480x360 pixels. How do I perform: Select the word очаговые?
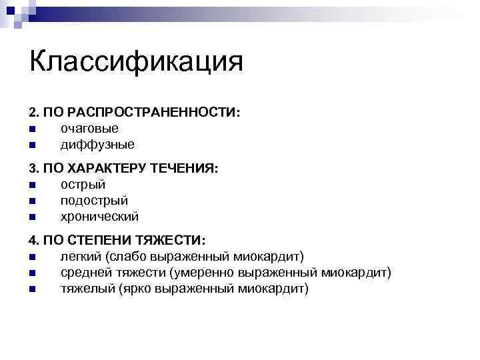(x=89, y=128)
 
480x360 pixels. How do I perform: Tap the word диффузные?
(x=97, y=144)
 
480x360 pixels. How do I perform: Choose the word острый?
(x=83, y=185)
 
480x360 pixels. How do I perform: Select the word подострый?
(x=94, y=201)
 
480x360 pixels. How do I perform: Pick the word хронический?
(x=99, y=217)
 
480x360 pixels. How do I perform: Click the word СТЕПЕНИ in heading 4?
(x=98, y=241)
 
